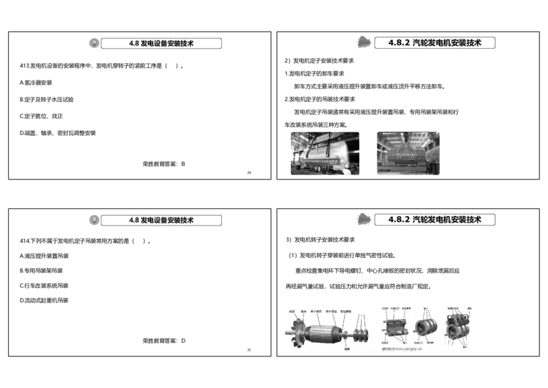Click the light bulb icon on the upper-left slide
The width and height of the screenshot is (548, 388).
coord(94,43)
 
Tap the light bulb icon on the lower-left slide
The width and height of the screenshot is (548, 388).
coord(94,220)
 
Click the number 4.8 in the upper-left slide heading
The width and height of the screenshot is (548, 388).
coord(134,43)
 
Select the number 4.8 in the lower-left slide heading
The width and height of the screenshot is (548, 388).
coord(134,221)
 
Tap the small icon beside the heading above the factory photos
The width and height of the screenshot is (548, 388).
coord(364,42)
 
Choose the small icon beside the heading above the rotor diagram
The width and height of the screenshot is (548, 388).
coord(364,219)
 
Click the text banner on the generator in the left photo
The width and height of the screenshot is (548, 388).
coord(323,161)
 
